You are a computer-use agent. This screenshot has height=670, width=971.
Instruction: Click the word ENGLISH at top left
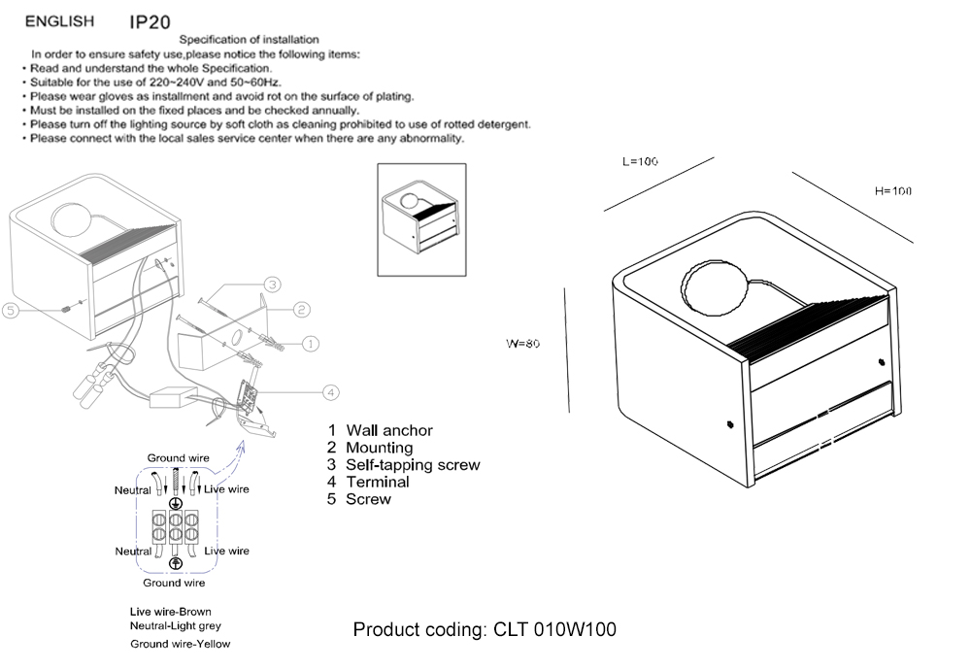click(x=59, y=20)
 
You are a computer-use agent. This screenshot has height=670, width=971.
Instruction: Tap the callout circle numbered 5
click(x=11, y=311)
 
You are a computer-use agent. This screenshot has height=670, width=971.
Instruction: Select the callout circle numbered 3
click(x=274, y=285)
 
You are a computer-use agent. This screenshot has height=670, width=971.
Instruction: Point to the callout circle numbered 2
click(x=302, y=309)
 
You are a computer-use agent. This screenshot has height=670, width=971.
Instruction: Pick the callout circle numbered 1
click(x=310, y=343)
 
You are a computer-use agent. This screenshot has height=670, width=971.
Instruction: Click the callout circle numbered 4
click(x=331, y=392)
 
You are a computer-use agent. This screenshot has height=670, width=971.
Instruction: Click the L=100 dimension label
click(x=640, y=161)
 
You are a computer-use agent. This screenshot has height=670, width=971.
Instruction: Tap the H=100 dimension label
click(x=892, y=191)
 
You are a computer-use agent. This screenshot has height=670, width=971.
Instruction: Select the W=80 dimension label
click(x=521, y=344)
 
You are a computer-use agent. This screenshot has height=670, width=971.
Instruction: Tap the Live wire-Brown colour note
click(x=171, y=612)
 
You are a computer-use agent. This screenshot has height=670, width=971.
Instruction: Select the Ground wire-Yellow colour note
click(x=181, y=644)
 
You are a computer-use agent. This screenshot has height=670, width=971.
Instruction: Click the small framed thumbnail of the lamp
click(x=421, y=221)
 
